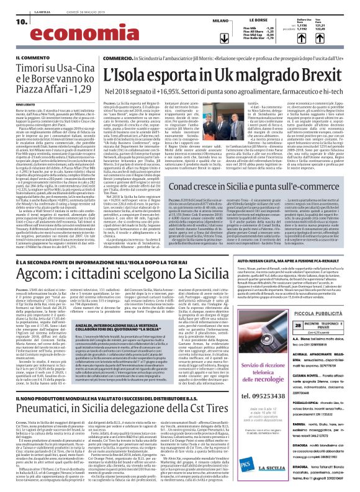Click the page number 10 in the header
click(x=12, y=20)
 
